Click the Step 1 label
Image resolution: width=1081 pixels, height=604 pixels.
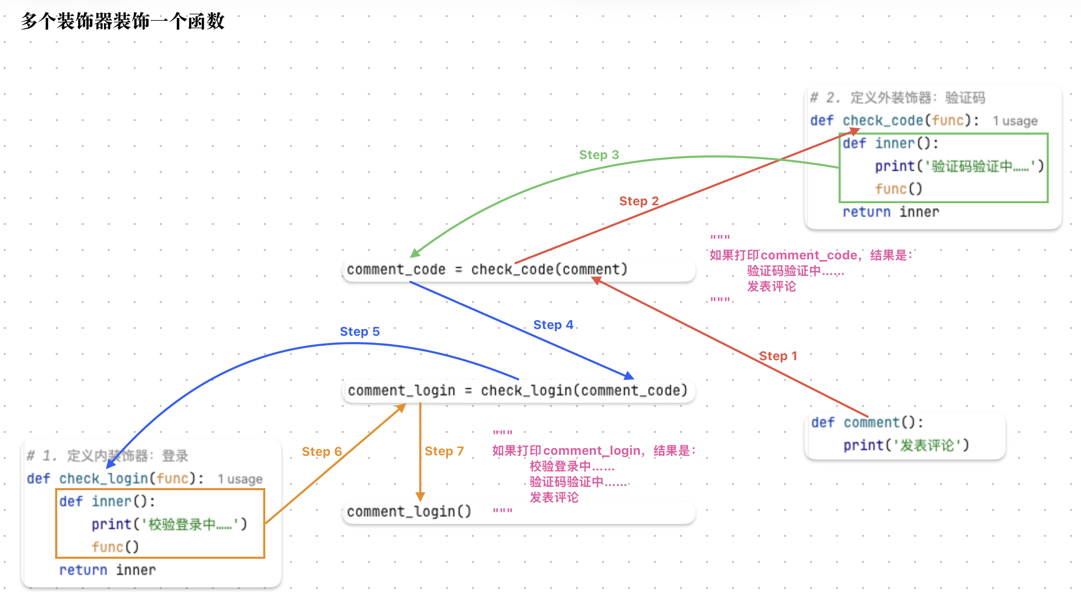[778, 356]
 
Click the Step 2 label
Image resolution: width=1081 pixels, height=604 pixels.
[639, 201]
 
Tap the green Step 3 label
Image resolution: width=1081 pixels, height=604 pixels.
[599, 155]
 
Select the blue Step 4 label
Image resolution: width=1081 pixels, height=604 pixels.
[554, 325]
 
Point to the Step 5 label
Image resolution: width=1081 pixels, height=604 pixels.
[360, 332]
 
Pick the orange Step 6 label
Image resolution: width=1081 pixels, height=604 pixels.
[322, 452]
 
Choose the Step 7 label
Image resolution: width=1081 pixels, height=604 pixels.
[444, 451]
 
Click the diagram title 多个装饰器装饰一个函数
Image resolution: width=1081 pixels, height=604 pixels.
[123, 21]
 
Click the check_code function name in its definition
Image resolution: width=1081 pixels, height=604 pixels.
[883, 121]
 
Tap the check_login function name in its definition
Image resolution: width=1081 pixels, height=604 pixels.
[104, 478]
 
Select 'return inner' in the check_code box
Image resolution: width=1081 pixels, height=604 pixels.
[891, 212]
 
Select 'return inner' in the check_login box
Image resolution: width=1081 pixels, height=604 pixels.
[108, 570]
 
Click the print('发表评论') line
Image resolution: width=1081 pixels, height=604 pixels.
[906, 445]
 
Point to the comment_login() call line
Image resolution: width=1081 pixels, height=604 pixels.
[409, 512]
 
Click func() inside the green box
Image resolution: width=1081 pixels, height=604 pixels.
[898, 189]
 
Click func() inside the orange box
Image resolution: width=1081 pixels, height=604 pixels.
[115, 547]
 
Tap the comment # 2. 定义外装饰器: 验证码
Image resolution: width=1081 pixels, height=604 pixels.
[898, 98]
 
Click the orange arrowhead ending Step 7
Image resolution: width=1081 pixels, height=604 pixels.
[420, 497]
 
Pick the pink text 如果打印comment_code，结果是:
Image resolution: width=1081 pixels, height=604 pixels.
[811, 255]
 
